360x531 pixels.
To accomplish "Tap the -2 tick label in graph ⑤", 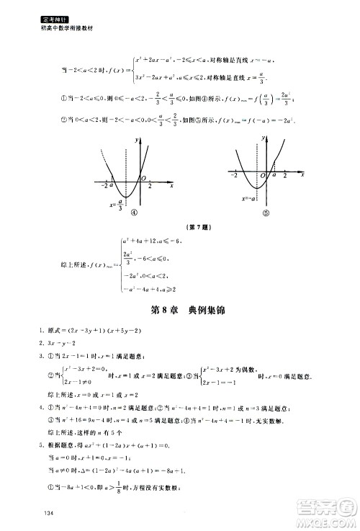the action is [234, 176].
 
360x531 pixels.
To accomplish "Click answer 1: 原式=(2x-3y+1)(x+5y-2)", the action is [108, 331].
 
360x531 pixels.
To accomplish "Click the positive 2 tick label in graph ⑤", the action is [286, 176].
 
